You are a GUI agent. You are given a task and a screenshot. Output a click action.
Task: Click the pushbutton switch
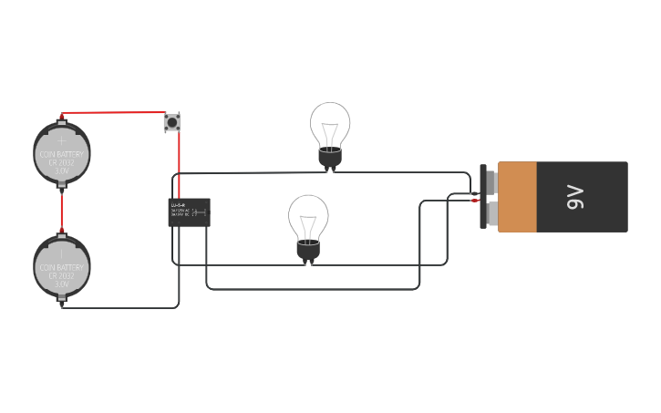171,121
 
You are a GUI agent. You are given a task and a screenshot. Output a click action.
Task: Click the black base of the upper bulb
330,159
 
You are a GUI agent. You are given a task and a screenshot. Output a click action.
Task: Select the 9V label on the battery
574,197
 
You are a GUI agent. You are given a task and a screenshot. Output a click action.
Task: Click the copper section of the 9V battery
517,197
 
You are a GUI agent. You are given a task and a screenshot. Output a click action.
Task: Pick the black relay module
189,212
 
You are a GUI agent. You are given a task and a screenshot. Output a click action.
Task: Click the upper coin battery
62,153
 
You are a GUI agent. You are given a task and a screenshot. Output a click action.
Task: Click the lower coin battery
62,266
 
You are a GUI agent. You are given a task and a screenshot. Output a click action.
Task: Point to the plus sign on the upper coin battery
62,141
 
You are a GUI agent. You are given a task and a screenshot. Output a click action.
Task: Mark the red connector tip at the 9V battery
475,200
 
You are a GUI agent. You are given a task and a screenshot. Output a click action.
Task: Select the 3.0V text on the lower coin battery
62,284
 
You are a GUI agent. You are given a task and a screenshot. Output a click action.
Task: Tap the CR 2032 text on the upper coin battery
62,162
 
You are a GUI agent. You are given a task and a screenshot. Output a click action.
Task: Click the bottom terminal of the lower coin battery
62,300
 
